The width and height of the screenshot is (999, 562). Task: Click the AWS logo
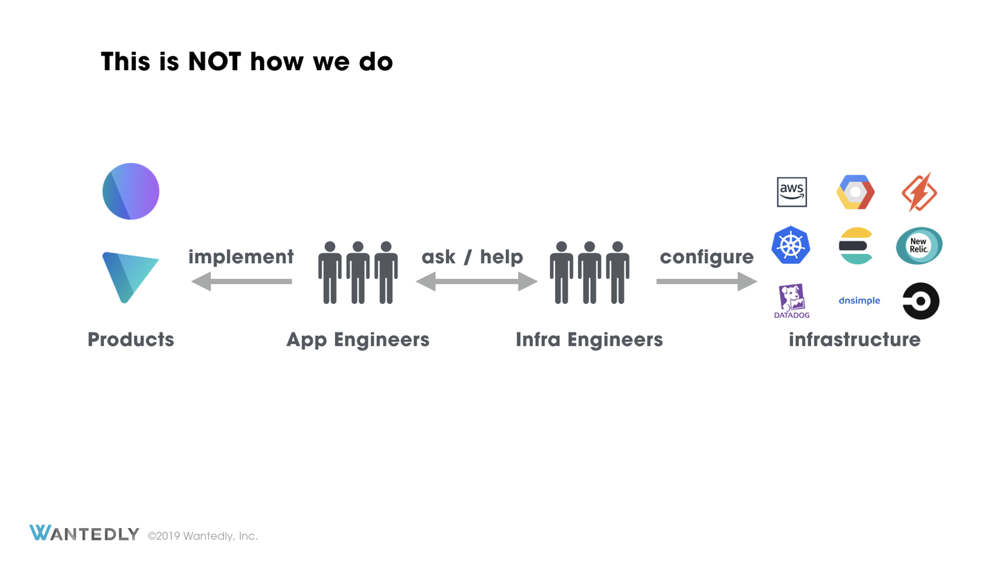tap(792, 191)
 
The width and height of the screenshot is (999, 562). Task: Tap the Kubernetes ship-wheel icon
tap(791, 245)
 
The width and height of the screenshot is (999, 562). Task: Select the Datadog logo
tap(792, 301)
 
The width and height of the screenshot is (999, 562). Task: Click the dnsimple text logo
tap(860, 300)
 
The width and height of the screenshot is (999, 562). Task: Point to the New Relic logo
tap(919, 246)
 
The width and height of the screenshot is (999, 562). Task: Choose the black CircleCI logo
tap(921, 301)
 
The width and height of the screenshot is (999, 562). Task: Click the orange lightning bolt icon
tap(919, 191)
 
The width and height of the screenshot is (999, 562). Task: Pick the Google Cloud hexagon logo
tap(855, 192)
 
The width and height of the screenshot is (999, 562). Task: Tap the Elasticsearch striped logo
tap(855, 246)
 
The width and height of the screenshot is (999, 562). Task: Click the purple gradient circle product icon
tap(130, 191)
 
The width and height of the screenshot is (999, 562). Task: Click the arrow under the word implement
tap(241, 282)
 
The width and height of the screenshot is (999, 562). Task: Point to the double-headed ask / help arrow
tap(477, 282)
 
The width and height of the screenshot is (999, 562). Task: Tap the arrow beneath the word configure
tap(707, 282)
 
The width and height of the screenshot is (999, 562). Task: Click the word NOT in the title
tap(214, 62)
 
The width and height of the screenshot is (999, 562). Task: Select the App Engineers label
tap(358, 340)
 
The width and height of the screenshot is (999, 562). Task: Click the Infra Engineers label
tap(589, 340)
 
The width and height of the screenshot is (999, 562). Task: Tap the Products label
tap(130, 340)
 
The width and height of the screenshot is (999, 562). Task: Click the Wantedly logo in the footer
tap(85, 533)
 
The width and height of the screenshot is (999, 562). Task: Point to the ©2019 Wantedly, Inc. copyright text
tap(203, 536)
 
